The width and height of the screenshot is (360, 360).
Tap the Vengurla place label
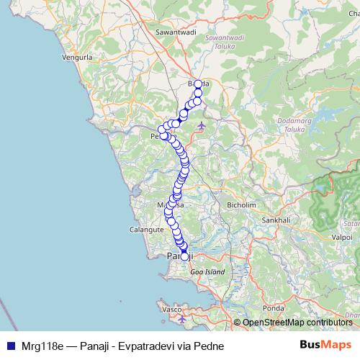coord(78,56)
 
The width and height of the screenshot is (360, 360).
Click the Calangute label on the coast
coord(145,229)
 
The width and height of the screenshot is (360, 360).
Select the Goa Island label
coord(207,272)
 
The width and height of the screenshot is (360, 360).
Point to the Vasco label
coord(171,309)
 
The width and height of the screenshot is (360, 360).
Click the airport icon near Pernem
coord(200,127)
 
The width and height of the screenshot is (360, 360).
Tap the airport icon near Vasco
coord(182,318)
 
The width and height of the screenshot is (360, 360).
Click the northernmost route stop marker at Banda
coord(199,84)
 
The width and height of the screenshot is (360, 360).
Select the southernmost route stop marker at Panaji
coord(184,256)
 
